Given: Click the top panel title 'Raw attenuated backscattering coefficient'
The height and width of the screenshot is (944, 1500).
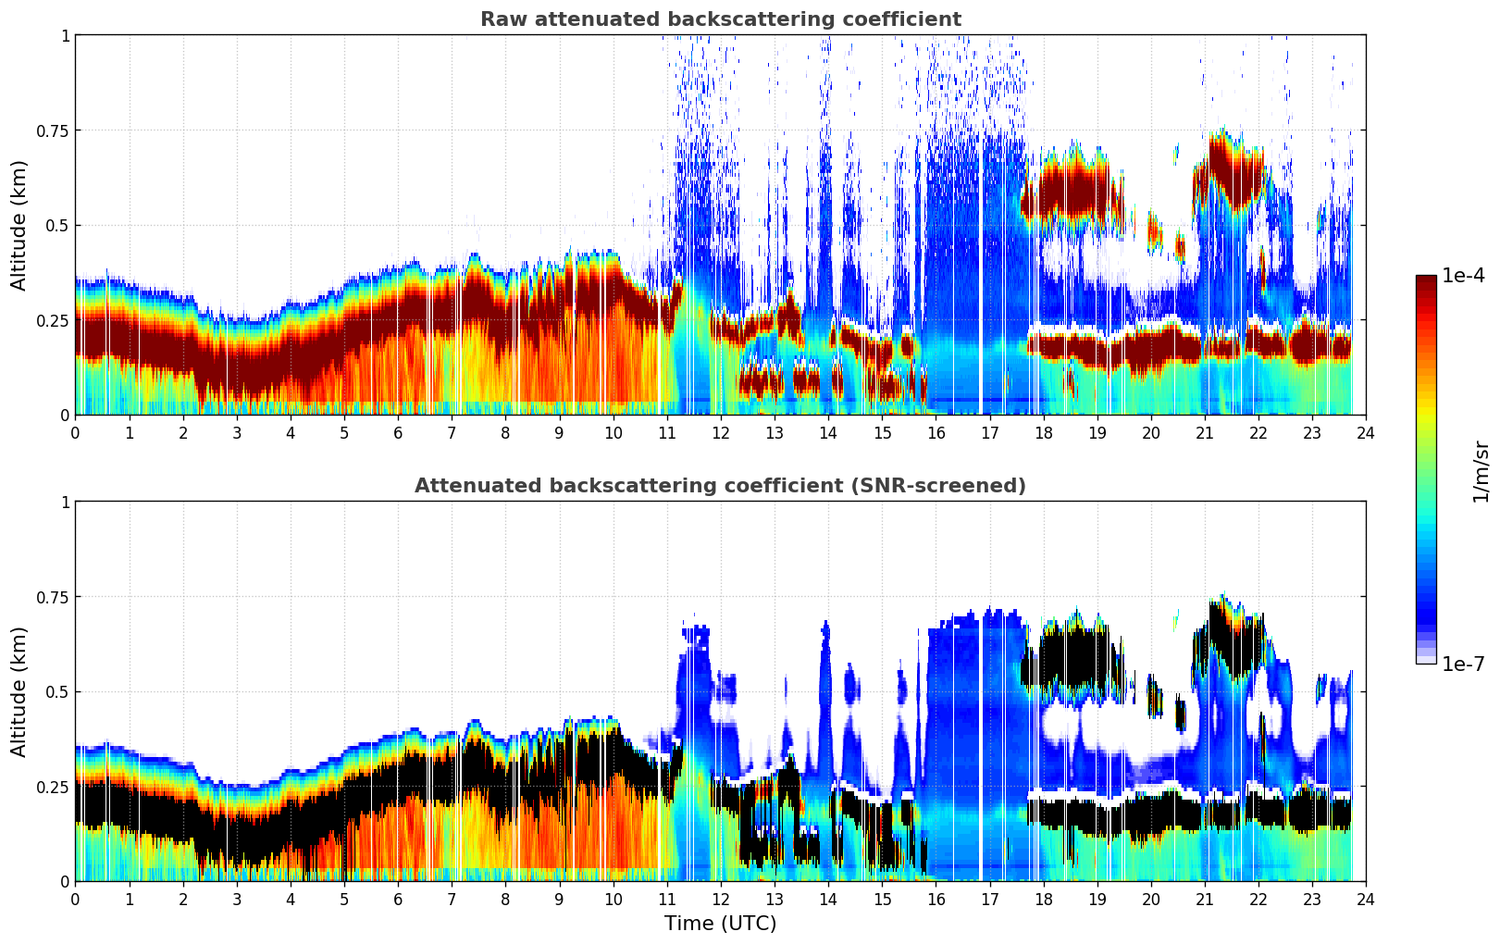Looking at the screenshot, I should (720, 19).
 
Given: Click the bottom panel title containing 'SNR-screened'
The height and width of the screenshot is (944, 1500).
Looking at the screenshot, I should (720, 486).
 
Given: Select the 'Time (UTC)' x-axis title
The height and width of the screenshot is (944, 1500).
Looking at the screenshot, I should (720, 924).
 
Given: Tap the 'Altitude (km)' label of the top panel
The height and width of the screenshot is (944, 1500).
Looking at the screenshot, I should (19, 225).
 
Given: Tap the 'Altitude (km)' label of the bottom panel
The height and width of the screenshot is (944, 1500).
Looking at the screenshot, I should (19, 691).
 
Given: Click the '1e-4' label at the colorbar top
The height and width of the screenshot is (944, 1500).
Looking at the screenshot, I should (1463, 276).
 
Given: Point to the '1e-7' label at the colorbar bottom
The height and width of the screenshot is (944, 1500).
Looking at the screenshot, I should (1463, 664).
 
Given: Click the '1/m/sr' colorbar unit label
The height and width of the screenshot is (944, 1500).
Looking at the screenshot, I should (1481, 472).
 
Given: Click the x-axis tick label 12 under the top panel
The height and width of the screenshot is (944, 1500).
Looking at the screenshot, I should (720, 432).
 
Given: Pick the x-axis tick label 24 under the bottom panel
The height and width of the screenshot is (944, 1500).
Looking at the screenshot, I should (1365, 899).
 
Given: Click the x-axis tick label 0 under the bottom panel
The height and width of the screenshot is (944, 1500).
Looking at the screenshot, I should (76, 899).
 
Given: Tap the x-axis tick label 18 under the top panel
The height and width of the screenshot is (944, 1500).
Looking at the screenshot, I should (1043, 432).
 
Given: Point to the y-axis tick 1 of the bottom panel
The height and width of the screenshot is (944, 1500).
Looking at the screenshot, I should (65, 503).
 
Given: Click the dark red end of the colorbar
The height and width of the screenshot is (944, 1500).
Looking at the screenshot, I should (1426, 282).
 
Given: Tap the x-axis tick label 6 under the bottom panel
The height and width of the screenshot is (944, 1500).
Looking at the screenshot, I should (398, 899).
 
